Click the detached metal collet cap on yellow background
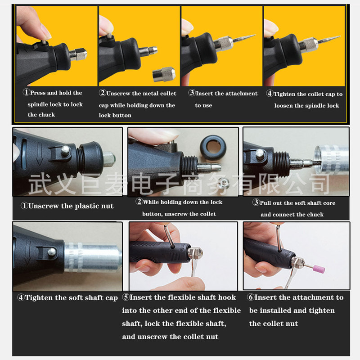point(164,74)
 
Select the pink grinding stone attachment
point(318,268)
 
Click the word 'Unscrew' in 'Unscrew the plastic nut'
point(43,206)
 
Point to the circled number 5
point(126,297)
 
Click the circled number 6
point(251,297)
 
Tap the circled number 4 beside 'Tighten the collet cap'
point(270,94)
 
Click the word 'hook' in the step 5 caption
point(227,297)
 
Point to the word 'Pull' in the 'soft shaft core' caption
point(265,203)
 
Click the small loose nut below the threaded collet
point(223,183)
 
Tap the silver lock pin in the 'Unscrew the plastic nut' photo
point(65,150)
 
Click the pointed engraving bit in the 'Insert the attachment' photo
point(244,38)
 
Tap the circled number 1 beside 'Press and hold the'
point(27,92)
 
